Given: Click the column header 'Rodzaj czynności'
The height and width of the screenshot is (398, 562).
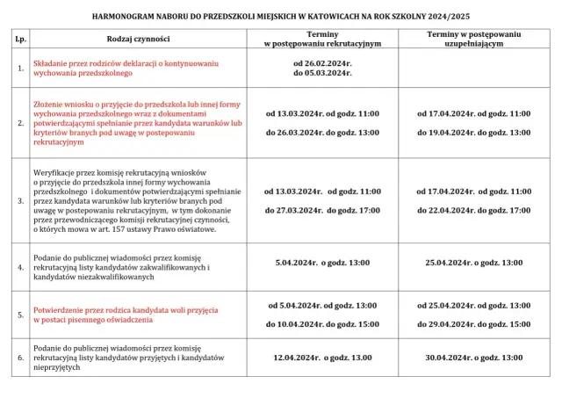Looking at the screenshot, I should click(x=138, y=40).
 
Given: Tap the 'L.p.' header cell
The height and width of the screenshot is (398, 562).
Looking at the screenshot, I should click(x=20, y=40).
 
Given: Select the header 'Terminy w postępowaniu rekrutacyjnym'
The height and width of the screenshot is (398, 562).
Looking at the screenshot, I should click(x=322, y=40).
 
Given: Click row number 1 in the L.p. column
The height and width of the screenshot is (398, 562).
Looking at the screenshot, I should click(x=20, y=69).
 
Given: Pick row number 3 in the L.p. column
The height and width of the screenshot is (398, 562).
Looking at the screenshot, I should click(x=20, y=200).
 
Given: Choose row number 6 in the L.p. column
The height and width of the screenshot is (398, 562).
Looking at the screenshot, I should click(x=20, y=358).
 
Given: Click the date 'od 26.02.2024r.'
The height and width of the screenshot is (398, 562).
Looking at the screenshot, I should click(x=322, y=64).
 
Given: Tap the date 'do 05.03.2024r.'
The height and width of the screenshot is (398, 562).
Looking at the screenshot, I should click(x=322, y=75).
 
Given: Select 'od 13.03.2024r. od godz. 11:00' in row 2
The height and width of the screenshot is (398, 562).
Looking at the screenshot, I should click(x=322, y=114).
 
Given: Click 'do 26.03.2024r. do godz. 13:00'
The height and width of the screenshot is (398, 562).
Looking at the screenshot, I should click(x=322, y=132).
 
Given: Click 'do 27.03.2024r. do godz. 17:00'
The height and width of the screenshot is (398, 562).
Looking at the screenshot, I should click(x=322, y=210).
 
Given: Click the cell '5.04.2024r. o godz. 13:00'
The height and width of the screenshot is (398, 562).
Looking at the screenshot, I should click(x=322, y=263).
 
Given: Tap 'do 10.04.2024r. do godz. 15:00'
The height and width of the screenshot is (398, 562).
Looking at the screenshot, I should click(x=322, y=324).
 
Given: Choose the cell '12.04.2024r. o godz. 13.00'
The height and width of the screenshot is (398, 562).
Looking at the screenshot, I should click(x=322, y=358).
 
